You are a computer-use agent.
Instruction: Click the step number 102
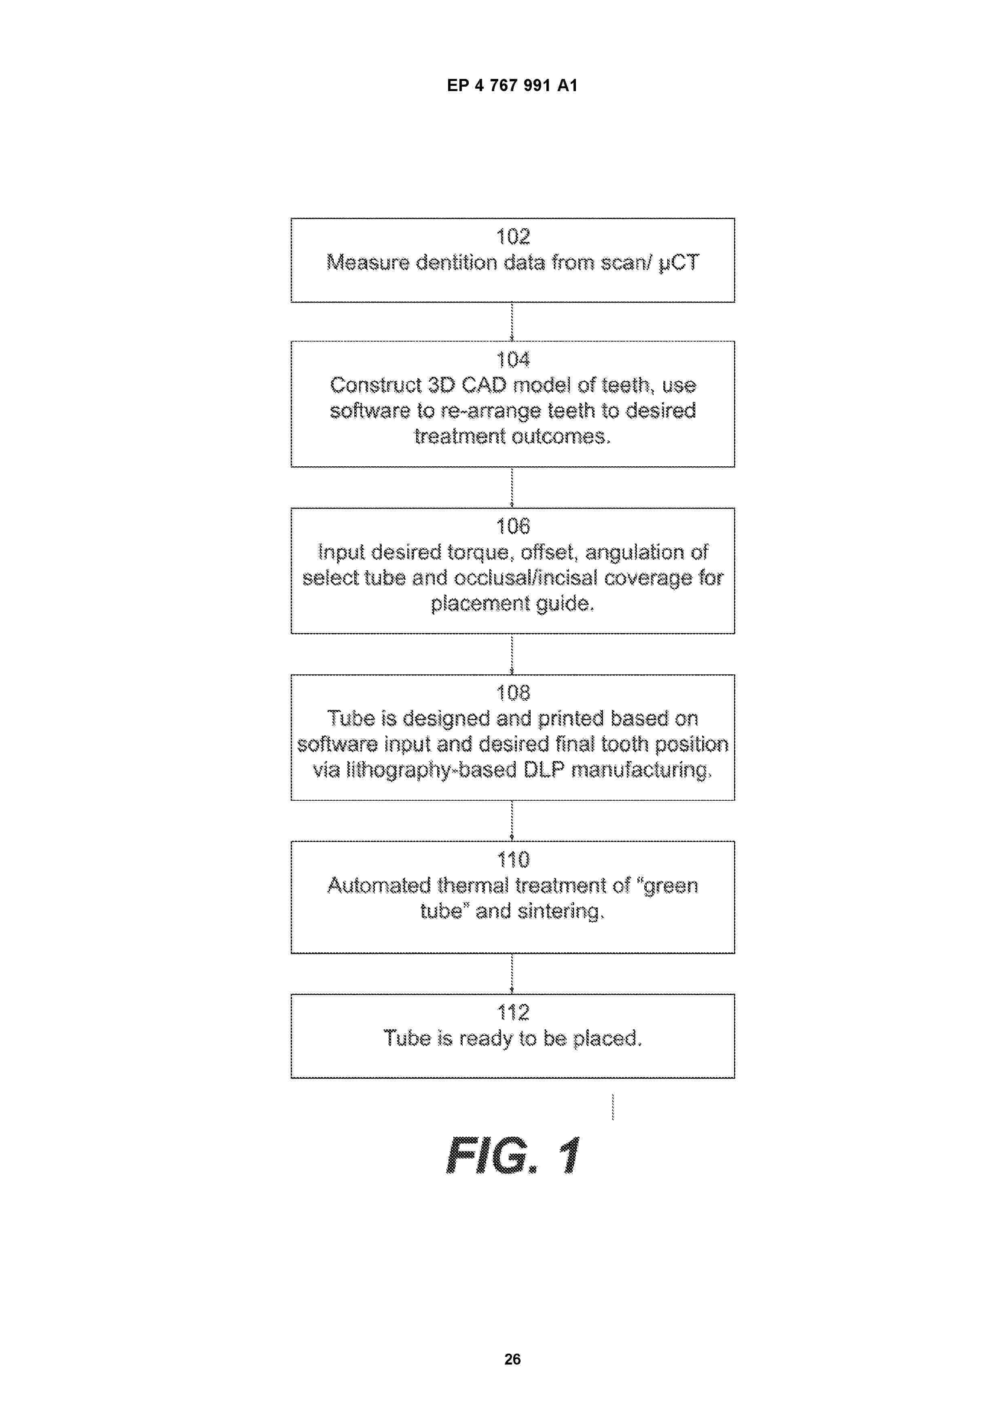pyautogui.click(x=513, y=236)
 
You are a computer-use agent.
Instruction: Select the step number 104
pyautogui.click(x=513, y=359)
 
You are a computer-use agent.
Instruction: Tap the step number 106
pyautogui.click(x=513, y=526)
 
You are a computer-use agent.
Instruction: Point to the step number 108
pyautogui.click(x=513, y=693)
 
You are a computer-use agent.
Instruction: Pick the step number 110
pyautogui.click(x=513, y=860)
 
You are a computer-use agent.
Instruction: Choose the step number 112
pyautogui.click(x=513, y=1012)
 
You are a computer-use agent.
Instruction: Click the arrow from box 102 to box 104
pyautogui.click(x=512, y=321)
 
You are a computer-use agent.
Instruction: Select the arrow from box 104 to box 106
pyautogui.click(x=512, y=487)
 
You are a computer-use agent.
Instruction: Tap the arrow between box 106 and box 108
pyautogui.click(x=512, y=654)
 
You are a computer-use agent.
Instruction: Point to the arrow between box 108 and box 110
pyautogui.click(x=512, y=821)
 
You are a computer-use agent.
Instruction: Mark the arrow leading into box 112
pyautogui.click(x=512, y=974)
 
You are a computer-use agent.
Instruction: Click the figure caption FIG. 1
pyautogui.click(x=513, y=1155)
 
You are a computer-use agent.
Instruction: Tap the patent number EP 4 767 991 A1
pyautogui.click(x=512, y=85)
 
